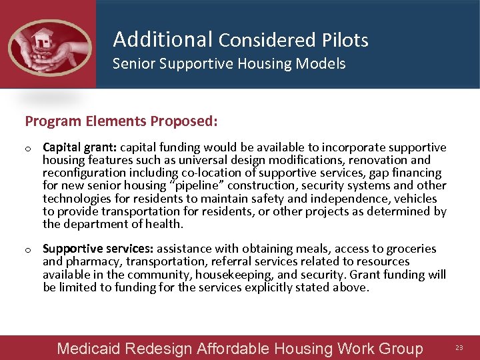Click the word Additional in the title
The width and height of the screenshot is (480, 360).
tap(162, 39)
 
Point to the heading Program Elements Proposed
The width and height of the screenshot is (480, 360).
tap(121, 121)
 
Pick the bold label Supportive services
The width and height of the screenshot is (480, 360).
tap(98, 249)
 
